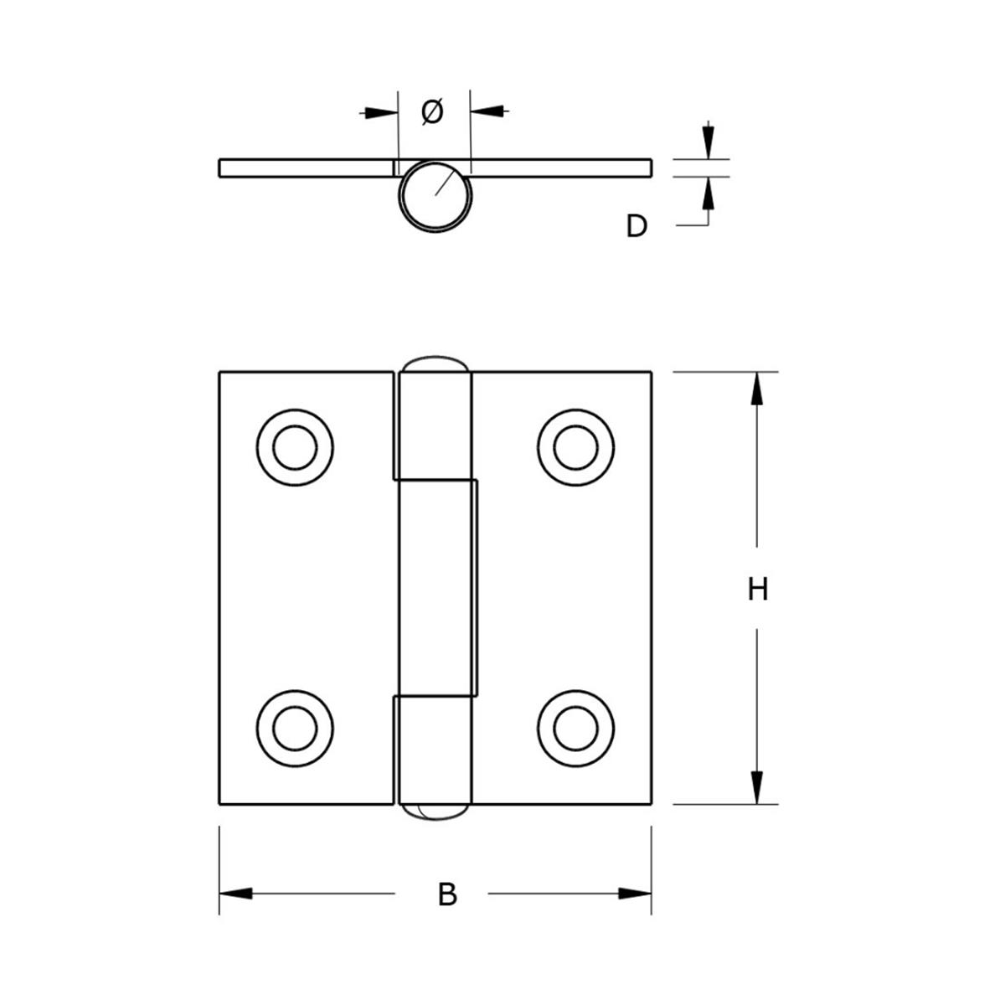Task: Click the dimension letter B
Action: (x=447, y=894)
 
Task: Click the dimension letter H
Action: (x=758, y=589)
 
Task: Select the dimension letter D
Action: (x=636, y=225)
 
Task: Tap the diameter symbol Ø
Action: (x=432, y=111)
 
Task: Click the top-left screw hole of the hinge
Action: (x=295, y=446)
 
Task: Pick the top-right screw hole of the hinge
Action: (x=576, y=446)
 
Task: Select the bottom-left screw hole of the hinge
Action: (x=295, y=728)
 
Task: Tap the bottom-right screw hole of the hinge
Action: (x=576, y=728)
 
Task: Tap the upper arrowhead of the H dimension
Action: (x=758, y=389)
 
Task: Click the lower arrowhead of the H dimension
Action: (x=758, y=787)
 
